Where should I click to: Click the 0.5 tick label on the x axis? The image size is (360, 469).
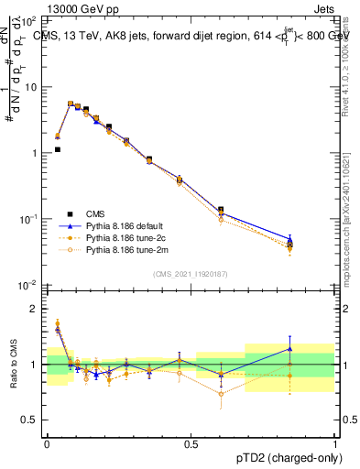click(x=191, y=444)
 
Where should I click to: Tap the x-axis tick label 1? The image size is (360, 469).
click(x=335, y=444)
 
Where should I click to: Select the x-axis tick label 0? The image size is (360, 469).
click(x=47, y=444)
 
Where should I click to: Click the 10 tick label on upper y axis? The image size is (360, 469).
click(x=31, y=87)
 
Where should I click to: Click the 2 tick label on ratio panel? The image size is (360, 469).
click(x=34, y=309)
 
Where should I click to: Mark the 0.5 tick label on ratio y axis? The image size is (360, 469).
click(x=30, y=420)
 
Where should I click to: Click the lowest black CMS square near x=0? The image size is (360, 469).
click(x=57, y=149)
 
